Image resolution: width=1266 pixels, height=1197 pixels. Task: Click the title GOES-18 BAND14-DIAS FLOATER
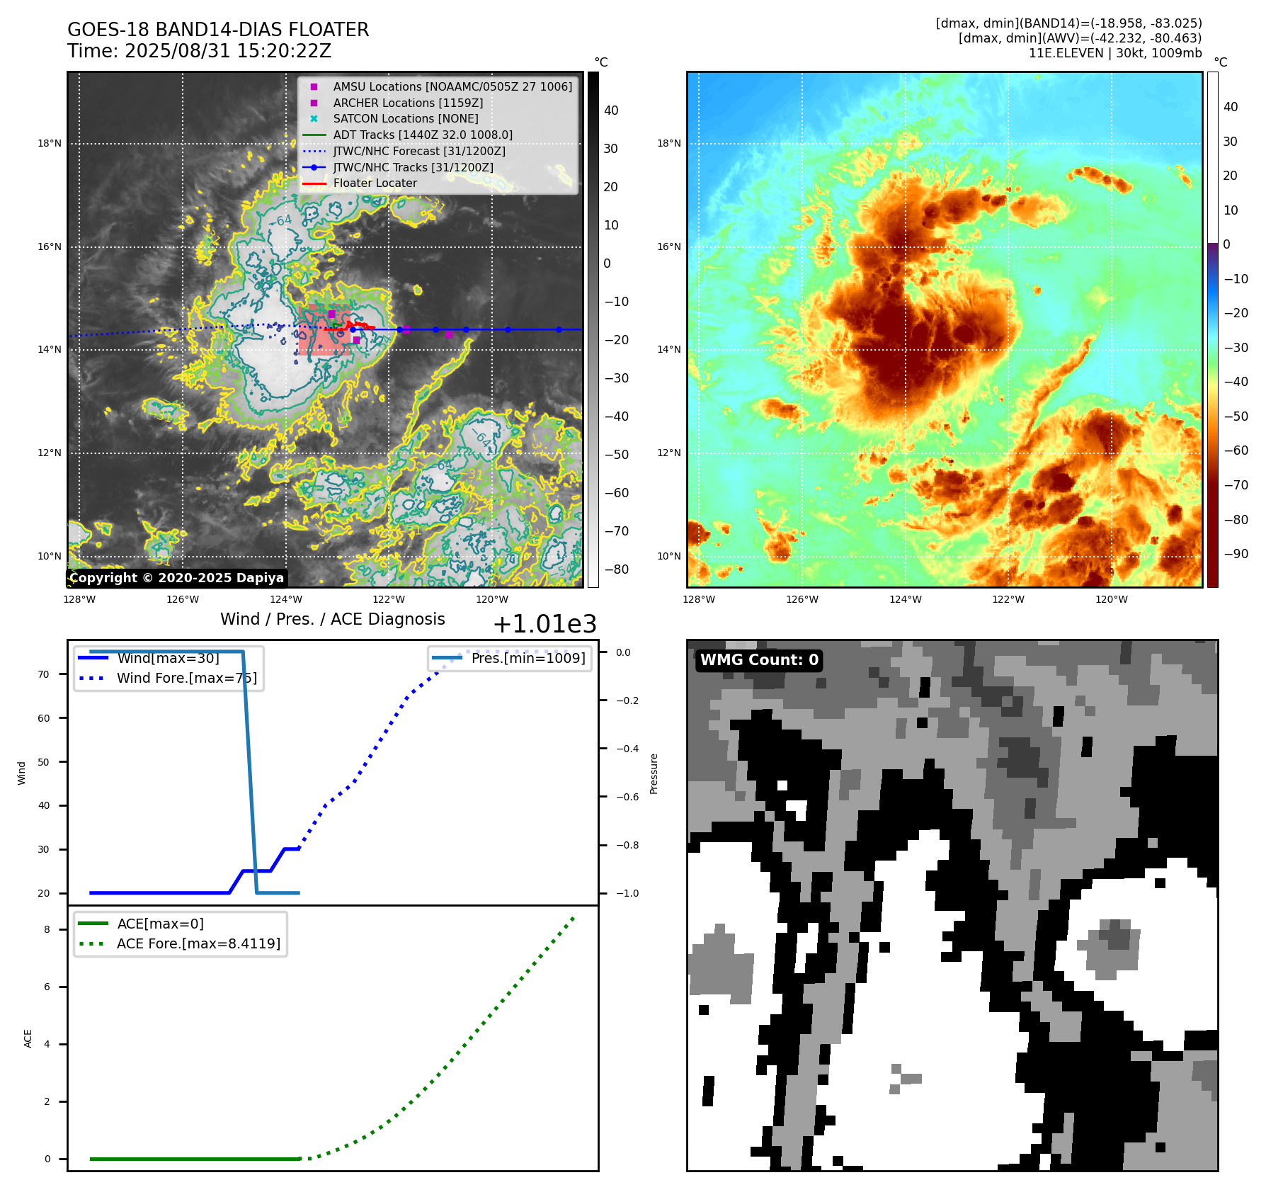pyautogui.click(x=218, y=30)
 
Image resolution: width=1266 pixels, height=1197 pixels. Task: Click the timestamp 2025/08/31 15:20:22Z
pyautogui.click(x=227, y=51)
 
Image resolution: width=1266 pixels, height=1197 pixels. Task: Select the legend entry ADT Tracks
pyautogui.click(x=422, y=135)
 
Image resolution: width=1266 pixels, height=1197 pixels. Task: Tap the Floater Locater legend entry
pyautogui.click(x=375, y=183)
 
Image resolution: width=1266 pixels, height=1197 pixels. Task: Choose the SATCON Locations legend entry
pyautogui.click(x=405, y=118)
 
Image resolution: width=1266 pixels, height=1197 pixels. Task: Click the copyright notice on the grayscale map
pyautogui.click(x=176, y=578)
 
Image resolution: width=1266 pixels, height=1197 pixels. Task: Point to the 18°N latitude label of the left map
pyautogui.click(x=50, y=144)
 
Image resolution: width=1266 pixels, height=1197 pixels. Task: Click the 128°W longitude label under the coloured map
pyautogui.click(x=699, y=599)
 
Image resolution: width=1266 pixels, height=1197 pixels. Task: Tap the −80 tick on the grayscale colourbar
pyautogui.click(x=616, y=569)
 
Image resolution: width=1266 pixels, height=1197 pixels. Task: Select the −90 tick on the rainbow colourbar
pyautogui.click(x=1236, y=554)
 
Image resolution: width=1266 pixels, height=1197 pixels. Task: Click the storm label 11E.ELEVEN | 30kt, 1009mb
pyautogui.click(x=1115, y=53)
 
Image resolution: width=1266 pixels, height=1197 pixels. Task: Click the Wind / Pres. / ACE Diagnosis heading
pyautogui.click(x=332, y=619)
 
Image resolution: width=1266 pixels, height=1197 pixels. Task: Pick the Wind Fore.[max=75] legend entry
pyautogui.click(x=186, y=678)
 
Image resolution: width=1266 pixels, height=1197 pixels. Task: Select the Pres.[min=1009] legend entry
pyautogui.click(x=528, y=658)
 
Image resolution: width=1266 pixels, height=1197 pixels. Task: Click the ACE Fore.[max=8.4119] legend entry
pyautogui.click(x=198, y=943)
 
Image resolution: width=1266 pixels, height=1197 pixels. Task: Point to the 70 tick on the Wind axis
pyautogui.click(x=44, y=674)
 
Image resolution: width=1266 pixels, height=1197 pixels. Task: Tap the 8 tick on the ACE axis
pyautogui.click(x=47, y=929)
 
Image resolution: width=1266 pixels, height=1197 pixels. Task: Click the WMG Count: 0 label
pyautogui.click(x=759, y=660)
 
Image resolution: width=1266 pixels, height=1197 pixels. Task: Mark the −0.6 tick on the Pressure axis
pyautogui.click(x=627, y=797)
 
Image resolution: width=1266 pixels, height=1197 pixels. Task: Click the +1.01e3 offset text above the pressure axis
pyautogui.click(x=544, y=624)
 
